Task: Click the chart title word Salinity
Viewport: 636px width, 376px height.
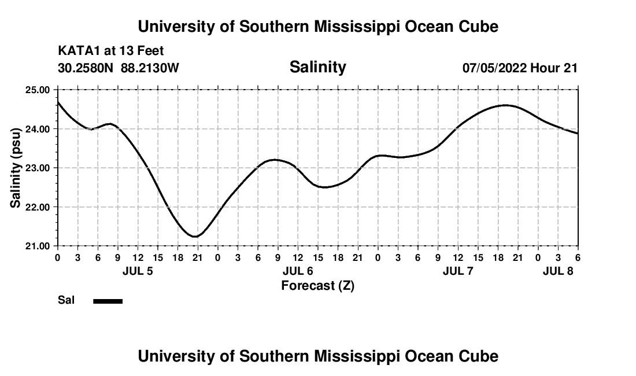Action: point(317,67)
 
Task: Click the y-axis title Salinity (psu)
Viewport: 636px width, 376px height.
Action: point(16,168)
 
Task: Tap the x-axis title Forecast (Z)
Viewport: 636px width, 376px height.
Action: point(317,285)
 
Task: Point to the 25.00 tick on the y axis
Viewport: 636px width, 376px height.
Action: point(38,90)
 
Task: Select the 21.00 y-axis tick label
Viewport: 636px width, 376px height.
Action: point(38,246)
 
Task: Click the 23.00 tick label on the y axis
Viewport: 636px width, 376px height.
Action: point(38,168)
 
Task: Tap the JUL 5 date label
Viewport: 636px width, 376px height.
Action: point(138,271)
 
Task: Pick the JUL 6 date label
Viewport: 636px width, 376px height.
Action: point(298,271)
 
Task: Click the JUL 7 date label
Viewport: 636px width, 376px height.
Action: point(458,271)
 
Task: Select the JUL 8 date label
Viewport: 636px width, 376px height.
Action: point(558,271)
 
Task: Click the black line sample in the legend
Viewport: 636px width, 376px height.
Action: point(108,301)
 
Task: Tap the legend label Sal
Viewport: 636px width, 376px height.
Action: point(66,300)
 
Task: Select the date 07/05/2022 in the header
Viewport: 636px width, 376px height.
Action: point(494,68)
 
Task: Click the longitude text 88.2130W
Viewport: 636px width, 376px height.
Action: point(150,68)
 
